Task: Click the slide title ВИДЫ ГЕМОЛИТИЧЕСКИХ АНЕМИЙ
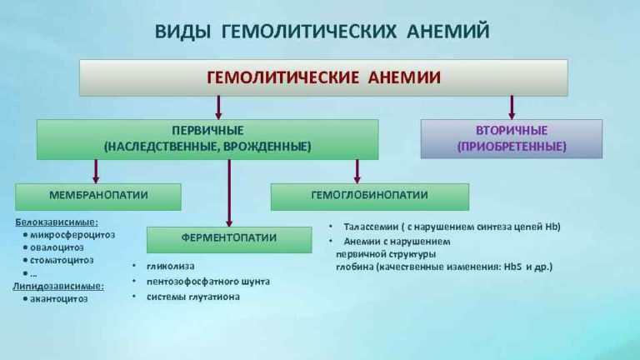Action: (x=322, y=32)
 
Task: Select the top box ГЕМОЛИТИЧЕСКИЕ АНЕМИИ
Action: (x=323, y=77)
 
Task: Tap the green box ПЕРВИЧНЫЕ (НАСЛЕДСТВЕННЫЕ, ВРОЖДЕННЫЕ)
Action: (x=207, y=139)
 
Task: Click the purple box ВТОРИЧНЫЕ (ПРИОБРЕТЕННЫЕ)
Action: (x=511, y=138)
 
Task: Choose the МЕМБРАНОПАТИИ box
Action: (x=97, y=196)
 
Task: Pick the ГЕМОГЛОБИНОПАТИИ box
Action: (x=369, y=196)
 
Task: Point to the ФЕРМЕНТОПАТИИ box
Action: (x=228, y=239)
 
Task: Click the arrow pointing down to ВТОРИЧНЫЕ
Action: (x=512, y=107)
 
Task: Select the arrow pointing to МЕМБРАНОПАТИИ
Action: (x=96, y=171)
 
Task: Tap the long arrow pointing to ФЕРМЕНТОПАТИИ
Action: (x=229, y=192)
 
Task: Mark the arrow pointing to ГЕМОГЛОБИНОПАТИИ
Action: (x=357, y=171)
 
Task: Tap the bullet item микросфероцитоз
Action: (x=72, y=234)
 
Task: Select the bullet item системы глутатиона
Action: (x=192, y=297)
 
